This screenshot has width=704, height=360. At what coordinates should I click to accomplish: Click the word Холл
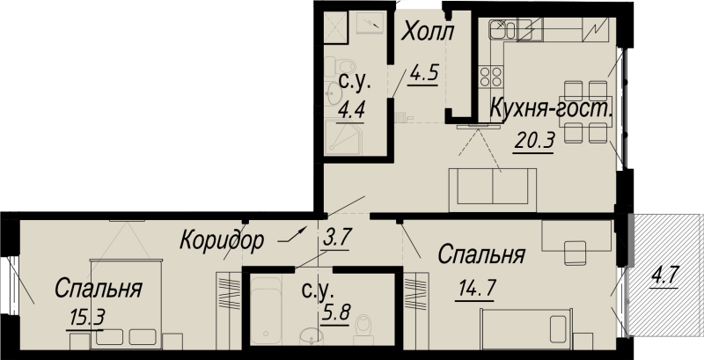[428, 33]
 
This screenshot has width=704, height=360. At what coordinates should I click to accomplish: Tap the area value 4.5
[423, 75]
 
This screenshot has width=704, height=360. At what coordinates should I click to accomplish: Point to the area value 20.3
[532, 141]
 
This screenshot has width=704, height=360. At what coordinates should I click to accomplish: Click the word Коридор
[222, 240]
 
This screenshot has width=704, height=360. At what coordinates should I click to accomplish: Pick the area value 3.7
[336, 238]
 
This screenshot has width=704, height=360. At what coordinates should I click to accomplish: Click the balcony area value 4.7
[664, 275]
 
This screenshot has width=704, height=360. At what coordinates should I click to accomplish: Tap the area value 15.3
[88, 319]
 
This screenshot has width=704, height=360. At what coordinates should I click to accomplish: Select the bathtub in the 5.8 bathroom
[266, 311]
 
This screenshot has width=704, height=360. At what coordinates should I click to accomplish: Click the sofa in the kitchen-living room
[493, 189]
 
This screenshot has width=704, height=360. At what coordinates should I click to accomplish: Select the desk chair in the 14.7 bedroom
[576, 253]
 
